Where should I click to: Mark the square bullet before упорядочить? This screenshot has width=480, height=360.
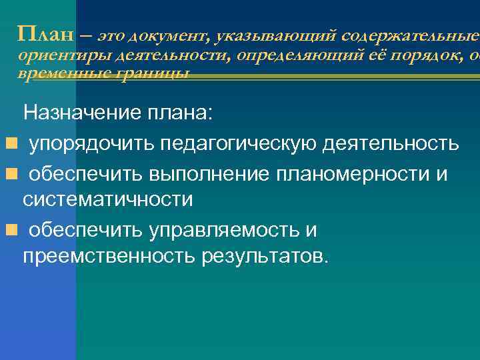pos(10,143)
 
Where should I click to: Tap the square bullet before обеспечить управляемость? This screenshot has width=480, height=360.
pos(10,230)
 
